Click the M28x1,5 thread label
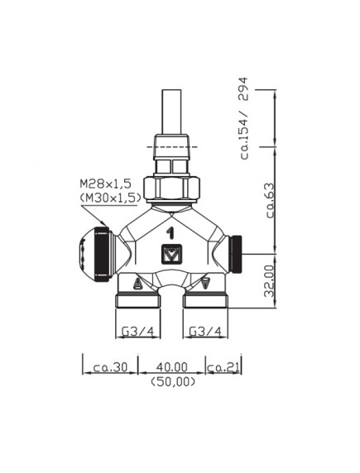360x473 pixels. (106, 184)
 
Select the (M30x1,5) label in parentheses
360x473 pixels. (111, 198)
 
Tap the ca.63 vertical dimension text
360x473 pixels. (270, 200)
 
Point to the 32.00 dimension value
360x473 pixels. (270, 280)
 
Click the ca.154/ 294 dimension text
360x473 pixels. (244, 118)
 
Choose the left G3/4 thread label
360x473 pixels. (137, 332)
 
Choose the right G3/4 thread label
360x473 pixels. (205, 332)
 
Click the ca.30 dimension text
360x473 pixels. (111, 367)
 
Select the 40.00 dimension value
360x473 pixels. (172, 367)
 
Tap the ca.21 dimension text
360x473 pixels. (223, 367)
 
